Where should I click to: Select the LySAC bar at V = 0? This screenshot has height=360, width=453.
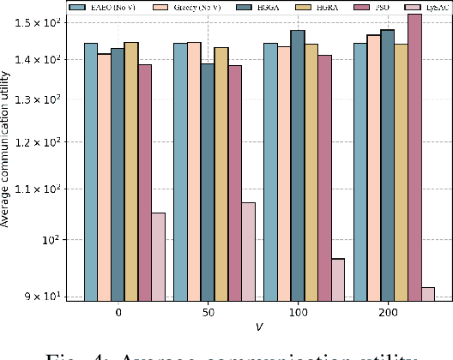158,256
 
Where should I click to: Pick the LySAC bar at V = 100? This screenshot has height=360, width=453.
337,279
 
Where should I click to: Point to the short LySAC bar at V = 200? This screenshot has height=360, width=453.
427,293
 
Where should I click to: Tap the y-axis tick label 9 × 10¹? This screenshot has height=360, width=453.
60,296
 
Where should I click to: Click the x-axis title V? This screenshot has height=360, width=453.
258,327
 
